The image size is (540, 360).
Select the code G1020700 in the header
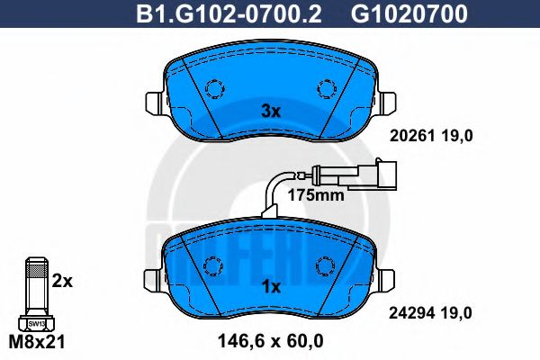click(396, 13)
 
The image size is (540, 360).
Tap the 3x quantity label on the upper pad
click(271, 112)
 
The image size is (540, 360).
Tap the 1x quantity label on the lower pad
click(271, 286)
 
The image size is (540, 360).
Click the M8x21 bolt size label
click(36, 342)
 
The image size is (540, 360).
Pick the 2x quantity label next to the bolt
click(62, 281)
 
